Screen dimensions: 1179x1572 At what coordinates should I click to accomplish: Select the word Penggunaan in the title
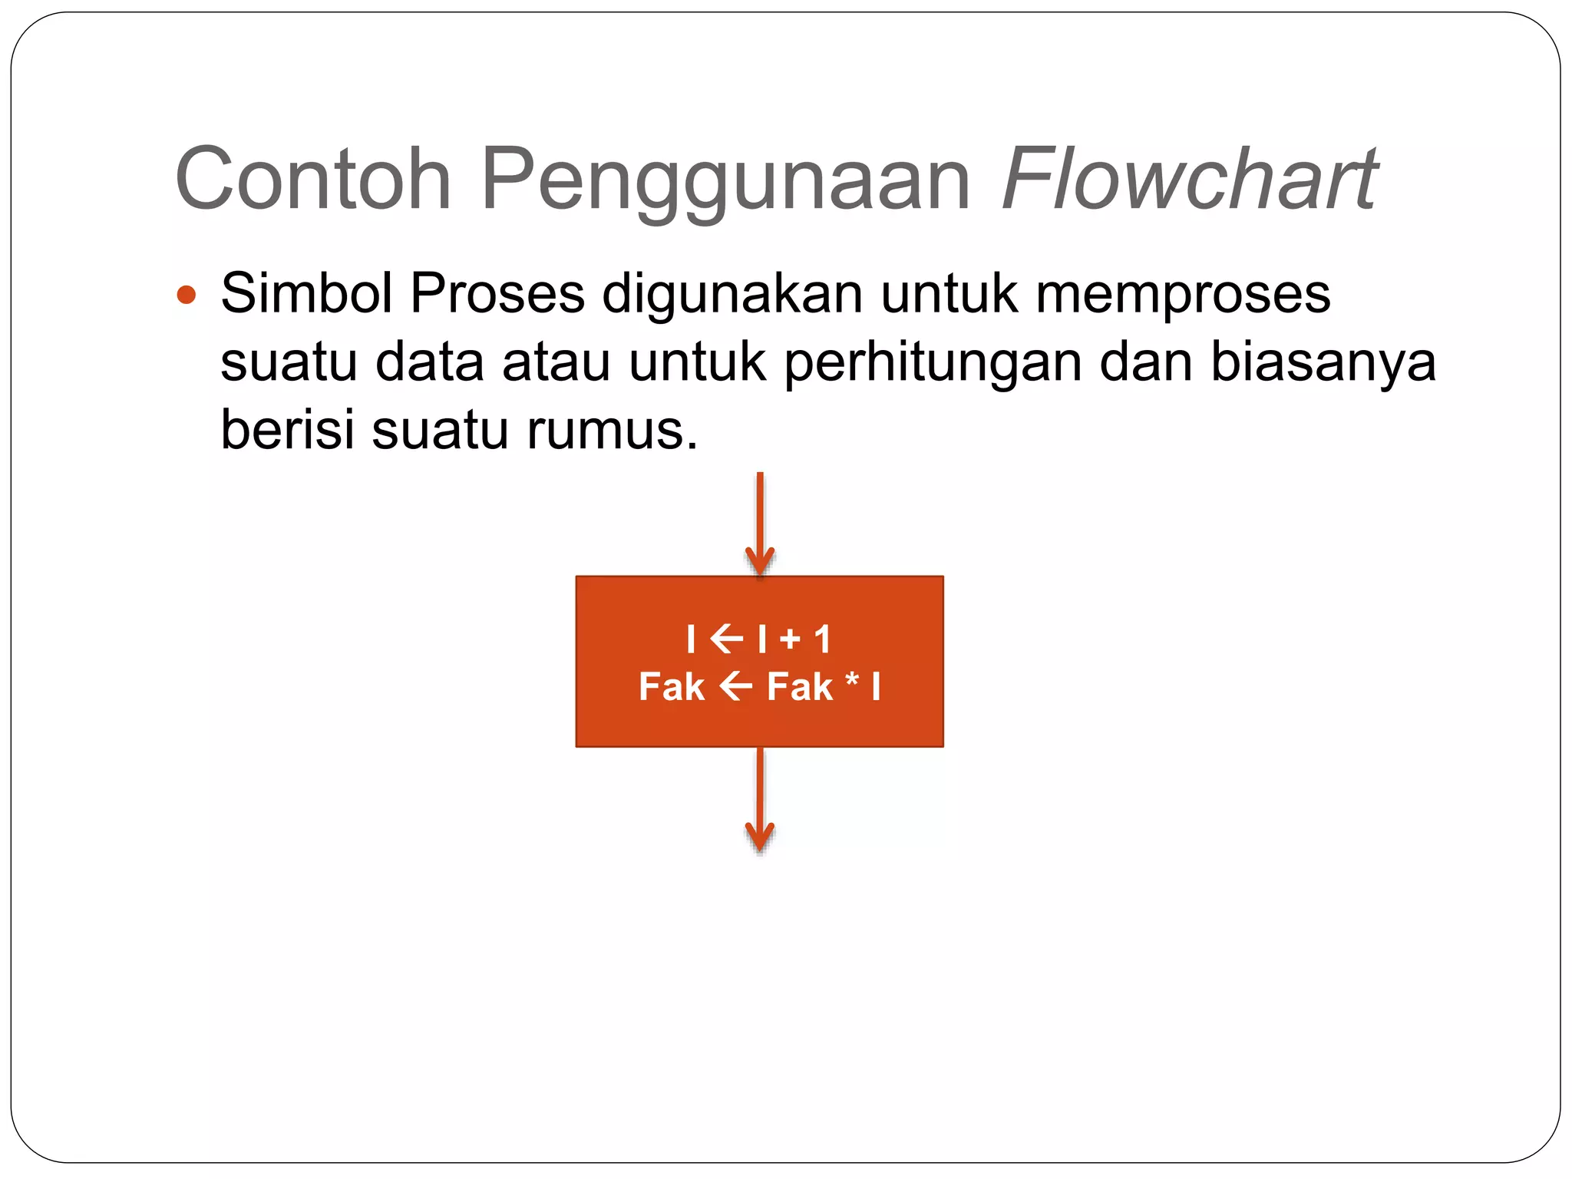(725, 180)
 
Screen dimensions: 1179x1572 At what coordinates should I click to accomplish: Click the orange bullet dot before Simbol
(186, 294)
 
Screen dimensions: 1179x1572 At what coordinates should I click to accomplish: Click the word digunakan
(732, 294)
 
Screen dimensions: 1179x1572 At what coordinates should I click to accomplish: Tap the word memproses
(1183, 294)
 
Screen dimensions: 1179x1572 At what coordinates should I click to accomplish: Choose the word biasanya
(1322, 362)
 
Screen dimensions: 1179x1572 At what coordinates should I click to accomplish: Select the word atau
(556, 362)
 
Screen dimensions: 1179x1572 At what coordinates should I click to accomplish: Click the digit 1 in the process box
(822, 639)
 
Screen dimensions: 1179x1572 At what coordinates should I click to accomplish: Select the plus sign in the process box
(790, 639)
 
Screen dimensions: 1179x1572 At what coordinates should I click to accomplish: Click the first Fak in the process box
(672, 686)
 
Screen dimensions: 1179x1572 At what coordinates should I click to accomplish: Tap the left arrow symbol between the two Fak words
(735, 686)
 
